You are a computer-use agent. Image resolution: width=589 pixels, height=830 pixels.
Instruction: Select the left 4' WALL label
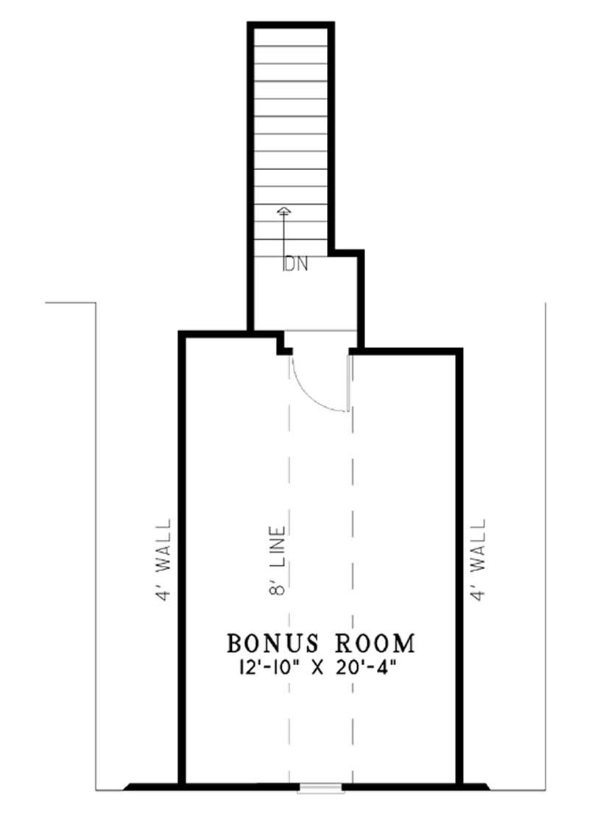(x=163, y=561)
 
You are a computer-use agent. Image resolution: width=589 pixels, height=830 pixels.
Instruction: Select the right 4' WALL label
(x=479, y=561)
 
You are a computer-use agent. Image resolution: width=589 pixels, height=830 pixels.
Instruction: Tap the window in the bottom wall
(x=320, y=789)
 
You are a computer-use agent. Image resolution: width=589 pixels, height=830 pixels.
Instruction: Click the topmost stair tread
(x=291, y=38)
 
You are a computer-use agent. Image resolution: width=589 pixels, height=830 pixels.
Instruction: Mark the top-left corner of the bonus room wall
(x=182, y=336)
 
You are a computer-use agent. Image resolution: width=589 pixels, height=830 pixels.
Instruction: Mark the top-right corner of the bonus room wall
(x=459, y=351)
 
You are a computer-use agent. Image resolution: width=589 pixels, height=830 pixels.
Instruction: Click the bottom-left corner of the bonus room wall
(x=182, y=784)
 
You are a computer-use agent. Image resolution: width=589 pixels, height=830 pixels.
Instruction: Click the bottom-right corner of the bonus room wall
(x=459, y=784)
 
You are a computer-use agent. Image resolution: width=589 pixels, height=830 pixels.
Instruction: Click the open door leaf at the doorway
(x=348, y=383)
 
